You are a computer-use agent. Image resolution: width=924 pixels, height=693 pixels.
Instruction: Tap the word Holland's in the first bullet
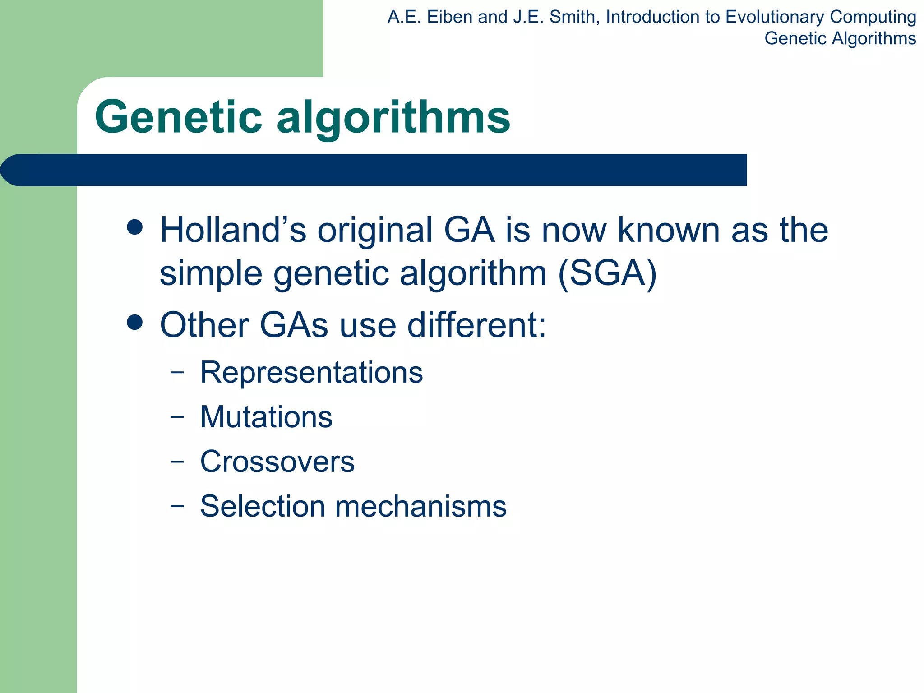[x=233, y=230]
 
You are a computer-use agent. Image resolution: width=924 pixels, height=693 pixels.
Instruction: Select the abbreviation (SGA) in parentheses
[x=607, y=273]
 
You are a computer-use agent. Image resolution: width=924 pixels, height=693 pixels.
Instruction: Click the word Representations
[x=311, y=373]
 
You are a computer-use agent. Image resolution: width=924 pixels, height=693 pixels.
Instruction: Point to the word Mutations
[x=266, y=417]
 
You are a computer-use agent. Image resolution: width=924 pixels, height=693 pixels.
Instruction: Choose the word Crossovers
[x=277, y=462]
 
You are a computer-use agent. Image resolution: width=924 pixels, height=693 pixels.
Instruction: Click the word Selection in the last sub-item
[x=263, y=506]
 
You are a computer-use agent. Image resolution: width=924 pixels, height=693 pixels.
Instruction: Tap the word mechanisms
[x=420, y=506]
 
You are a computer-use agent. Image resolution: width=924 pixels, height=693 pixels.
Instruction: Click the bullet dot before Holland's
[x=135, y=227]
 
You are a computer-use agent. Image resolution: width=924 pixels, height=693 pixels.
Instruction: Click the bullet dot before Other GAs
[x=135, y=322]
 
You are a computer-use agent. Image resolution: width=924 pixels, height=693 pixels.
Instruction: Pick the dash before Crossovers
[x=177, y=461]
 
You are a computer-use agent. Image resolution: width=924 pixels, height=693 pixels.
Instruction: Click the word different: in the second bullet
[x=476, y=325]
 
